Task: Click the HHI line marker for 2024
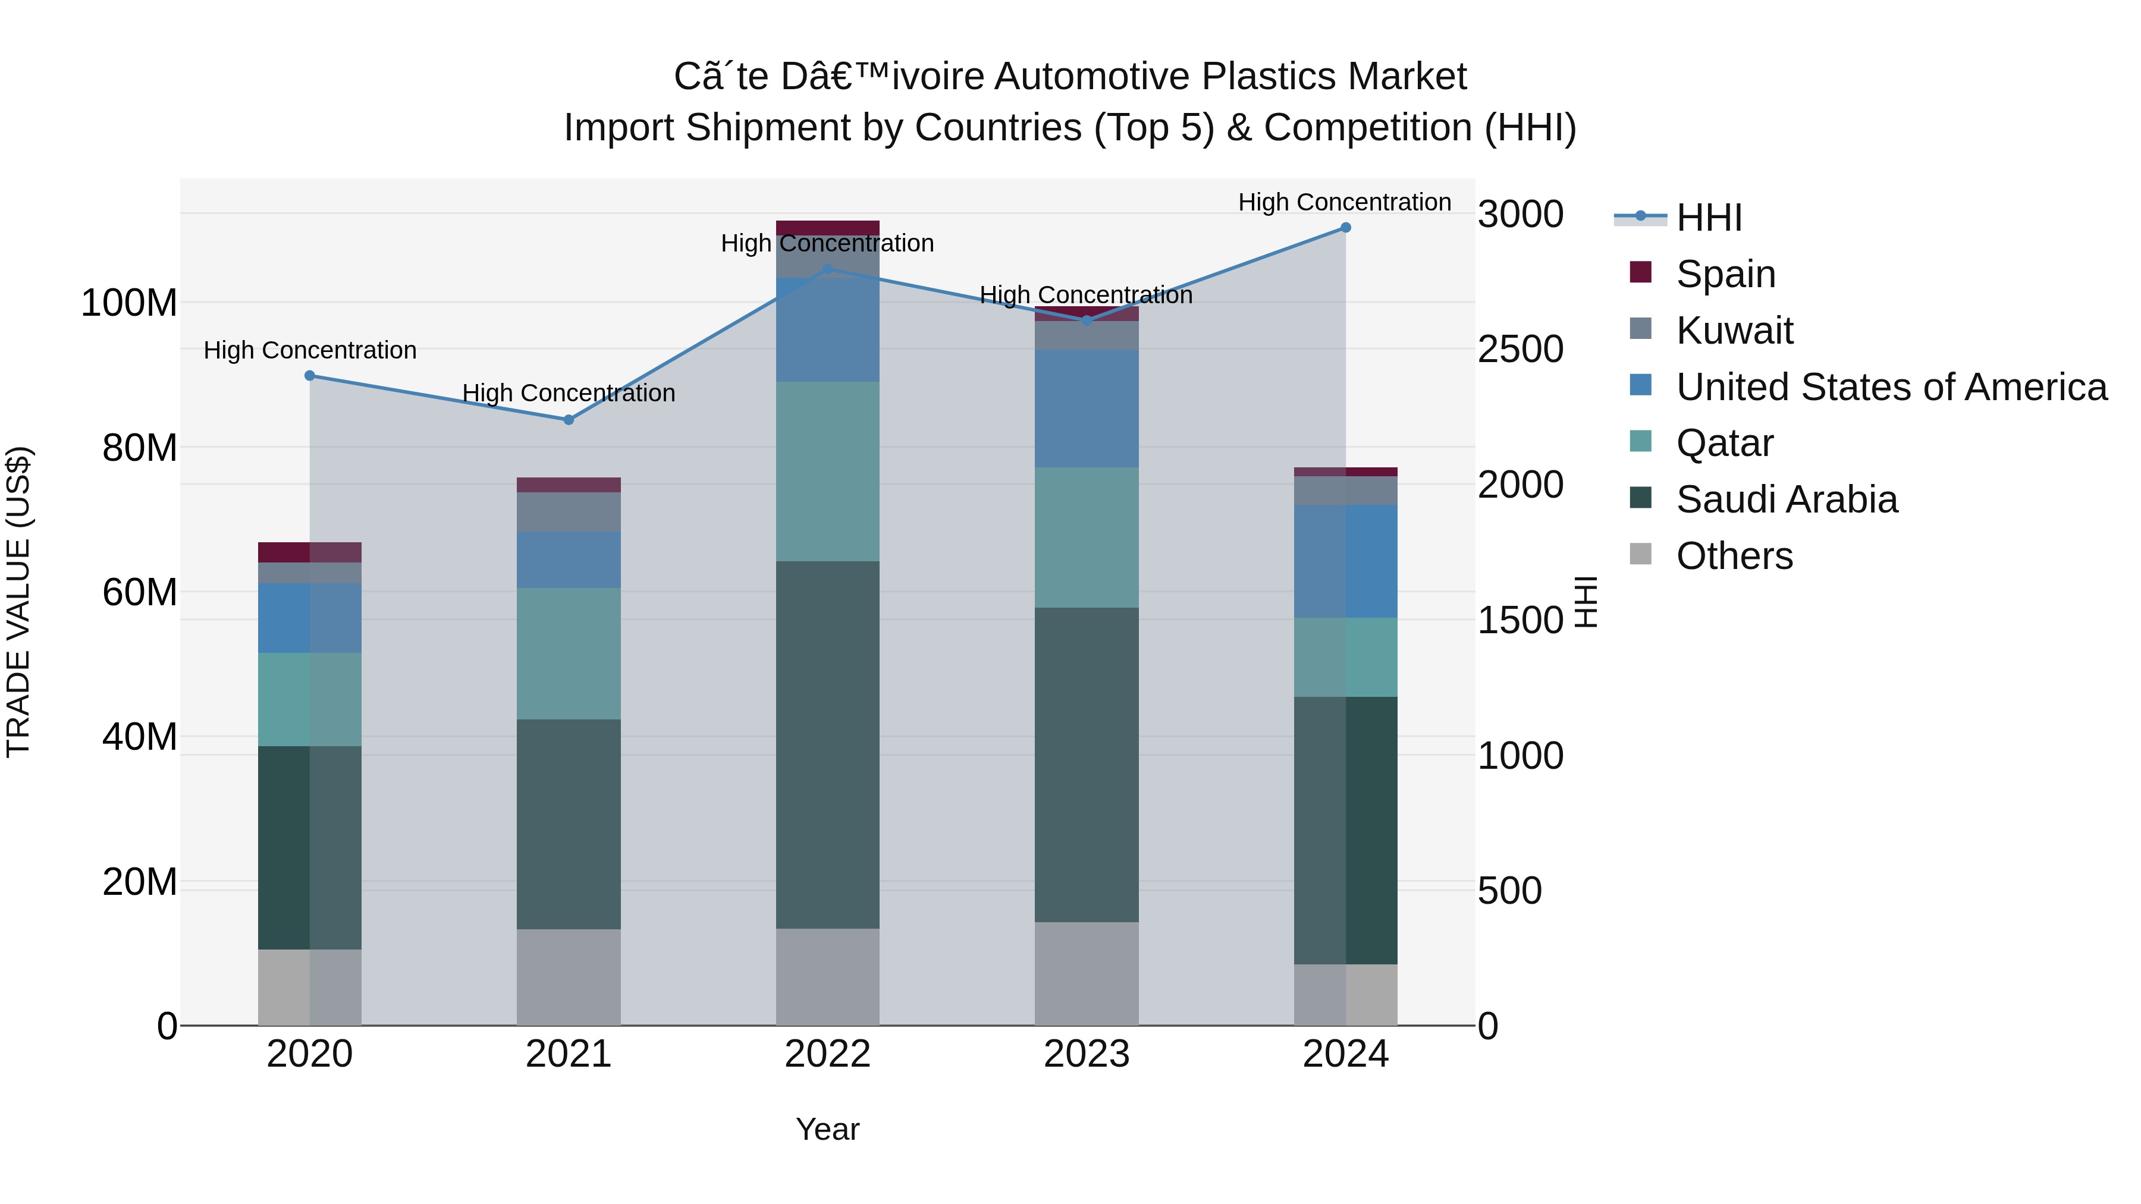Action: (1346, 228)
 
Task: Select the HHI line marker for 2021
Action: (569, 420)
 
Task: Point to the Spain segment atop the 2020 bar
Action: (309, 552)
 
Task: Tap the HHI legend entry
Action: (1708, 218)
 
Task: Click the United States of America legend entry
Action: (1891, 387)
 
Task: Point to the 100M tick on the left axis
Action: (129, 303)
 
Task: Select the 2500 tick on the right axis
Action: (1520, 349)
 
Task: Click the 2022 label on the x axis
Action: (827, 1054)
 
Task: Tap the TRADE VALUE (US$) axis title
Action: (19, 602)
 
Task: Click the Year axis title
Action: (827, 1129)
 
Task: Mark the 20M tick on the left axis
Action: (140, 882)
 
